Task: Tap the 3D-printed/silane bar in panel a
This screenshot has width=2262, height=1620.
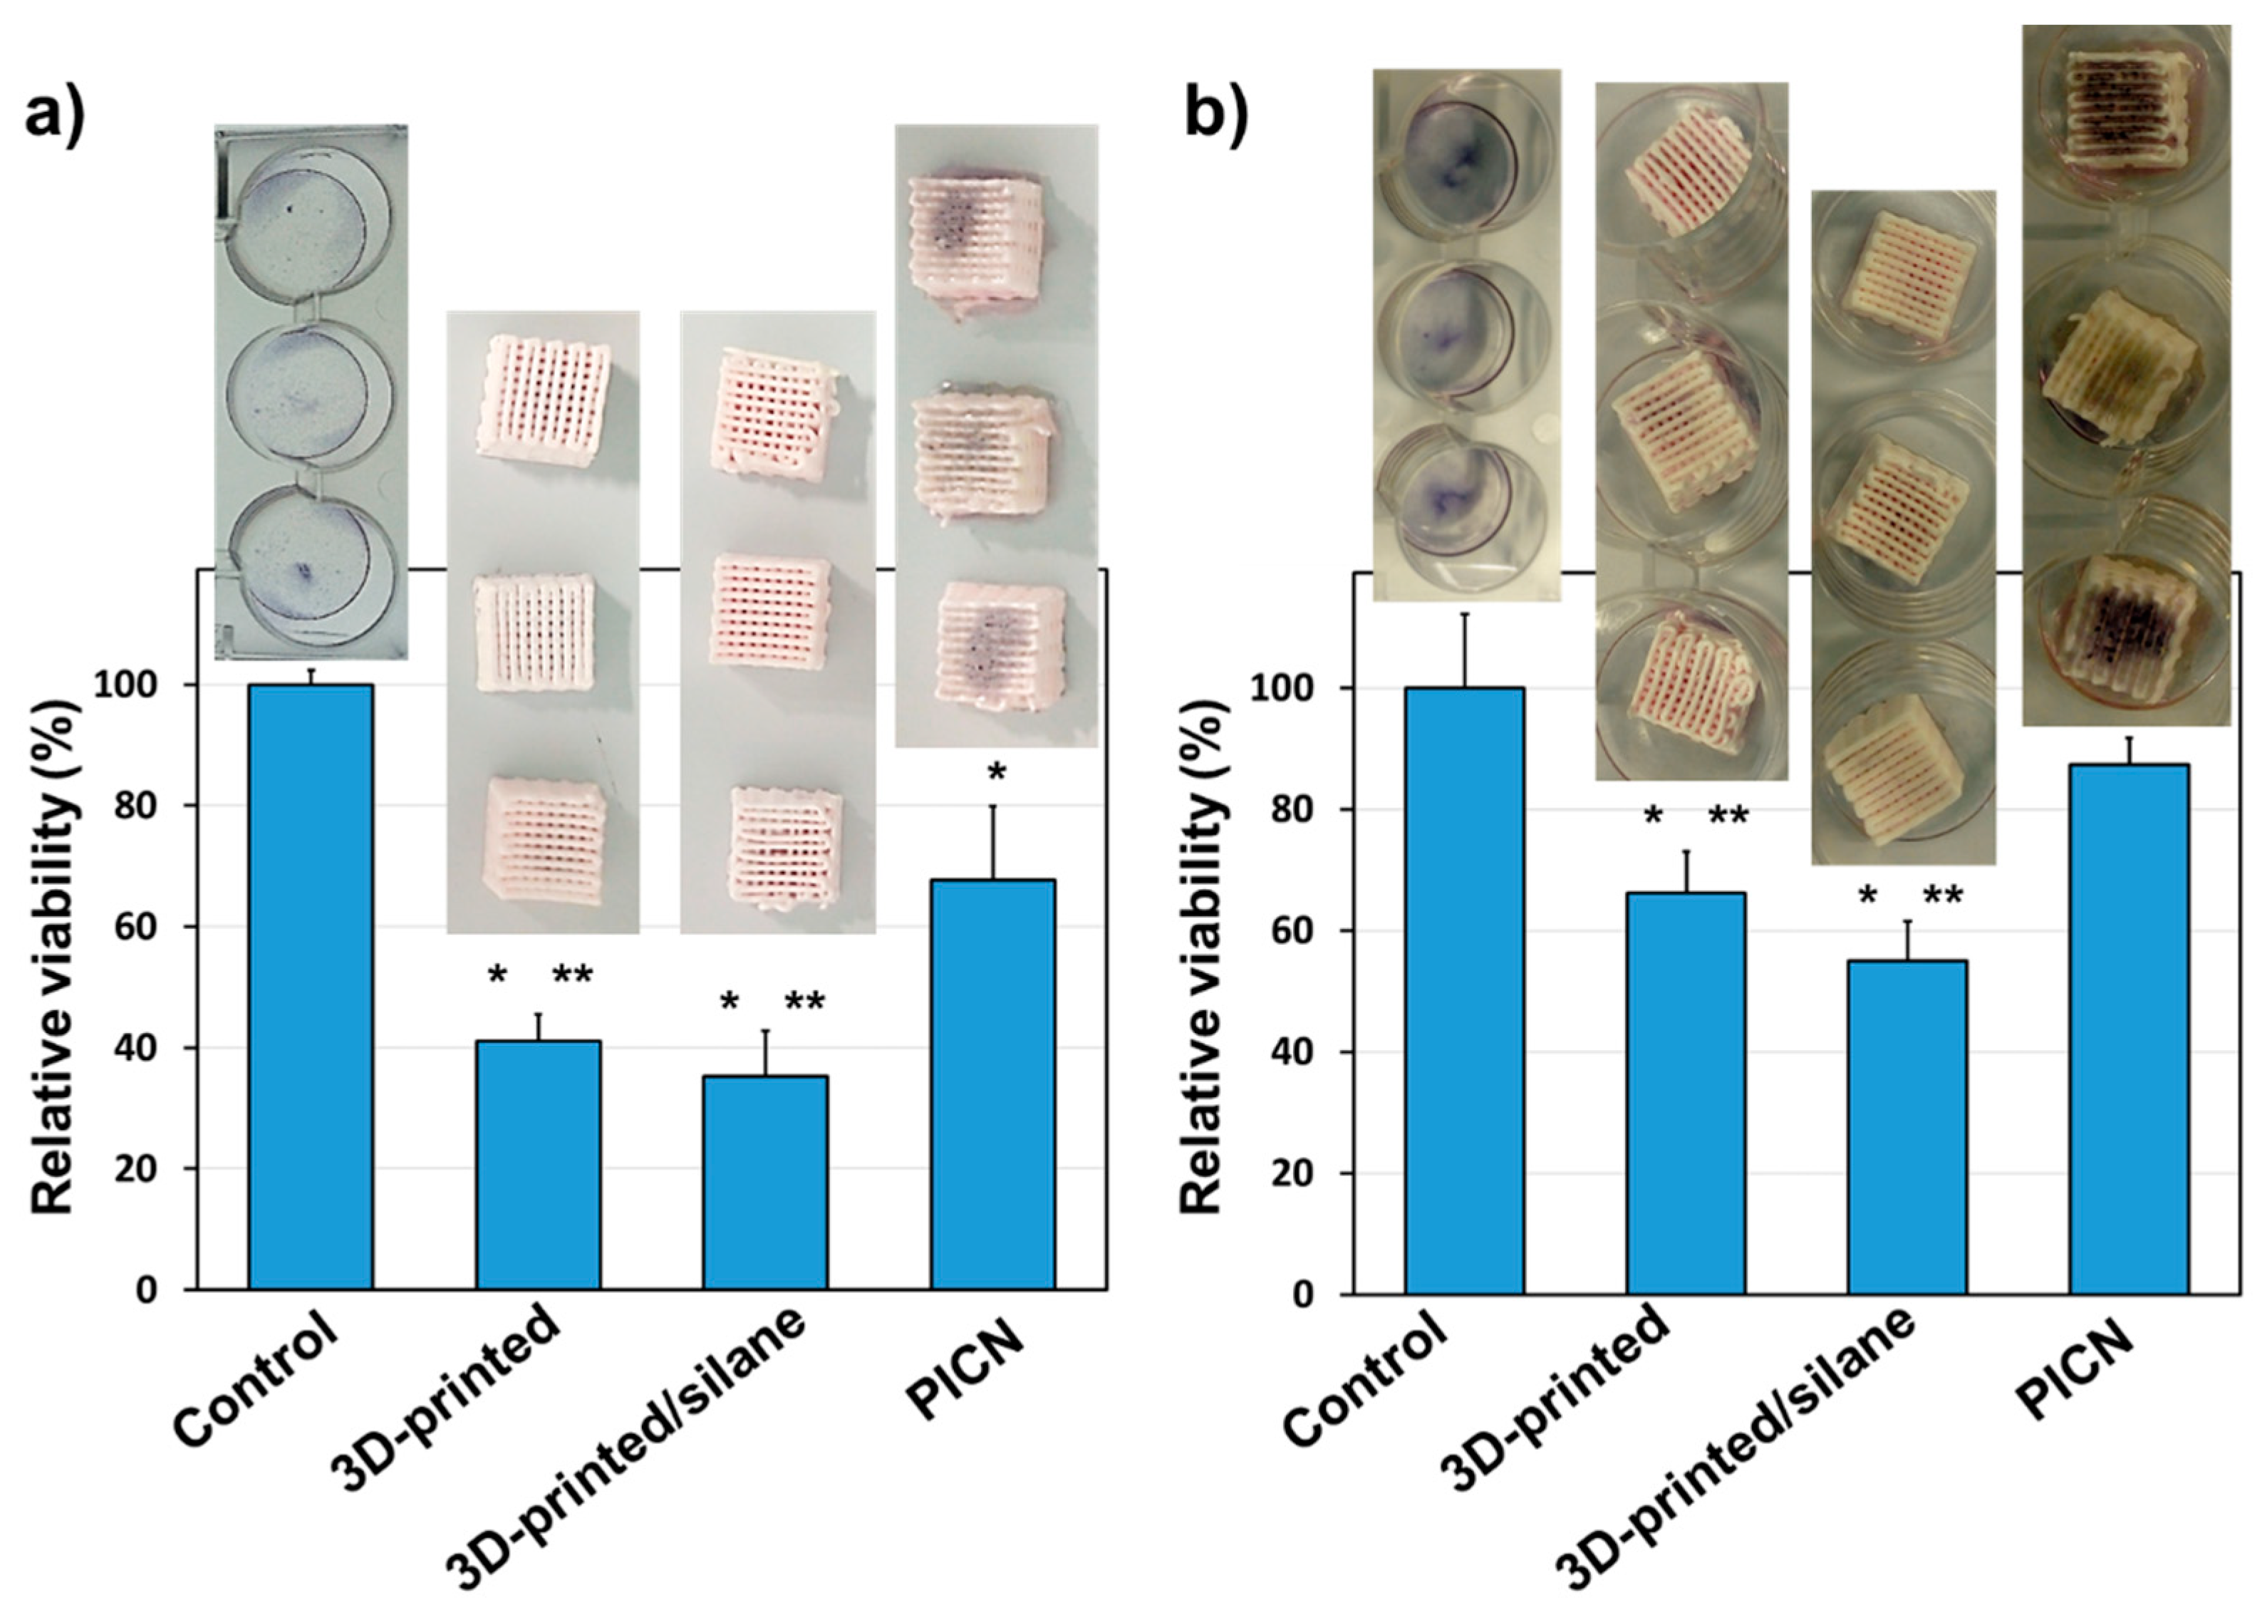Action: pyautogui.click(x=765, y=1182)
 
